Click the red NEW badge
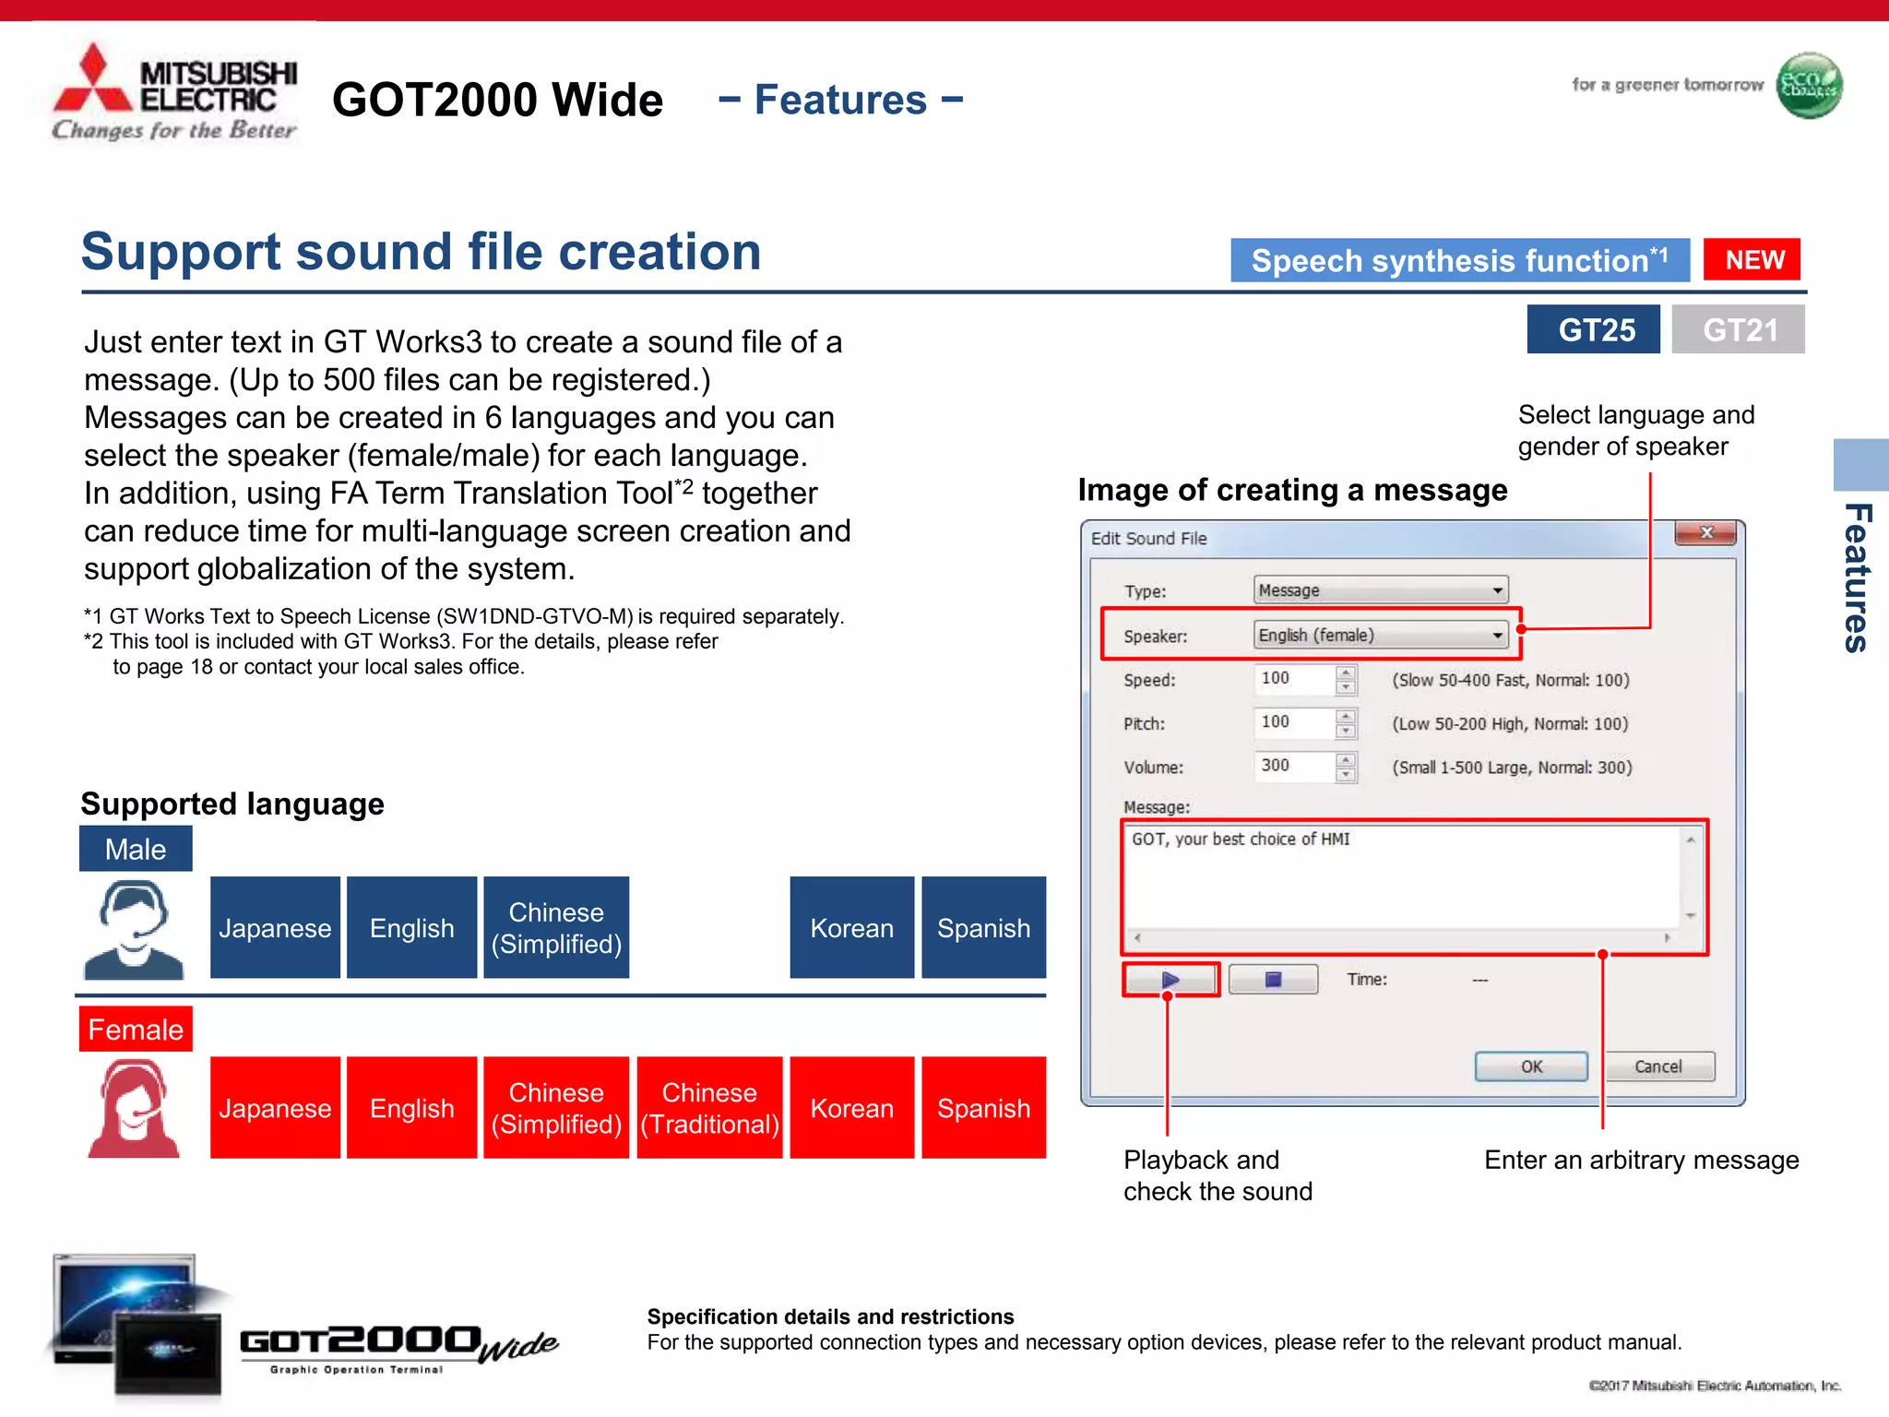click(x=1752, y=260)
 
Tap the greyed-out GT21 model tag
click(x=1738, y=329)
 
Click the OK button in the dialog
click(x=1531, y=1066)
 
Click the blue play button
click(x=1170, y=980)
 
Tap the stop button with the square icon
click(x=1273, y=980)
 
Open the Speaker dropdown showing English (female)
click(x=1381, y=635)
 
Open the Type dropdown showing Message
click(x=1381, y=590)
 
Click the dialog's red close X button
click(x=1705, y=533)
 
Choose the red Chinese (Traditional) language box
click(x=709, y=1108)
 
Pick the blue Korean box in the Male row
click(x=851, y=928)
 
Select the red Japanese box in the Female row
click(x=275, y=1108)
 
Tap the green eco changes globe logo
click(x=1809, y=86)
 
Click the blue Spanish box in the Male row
click(x=983, y=928)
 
